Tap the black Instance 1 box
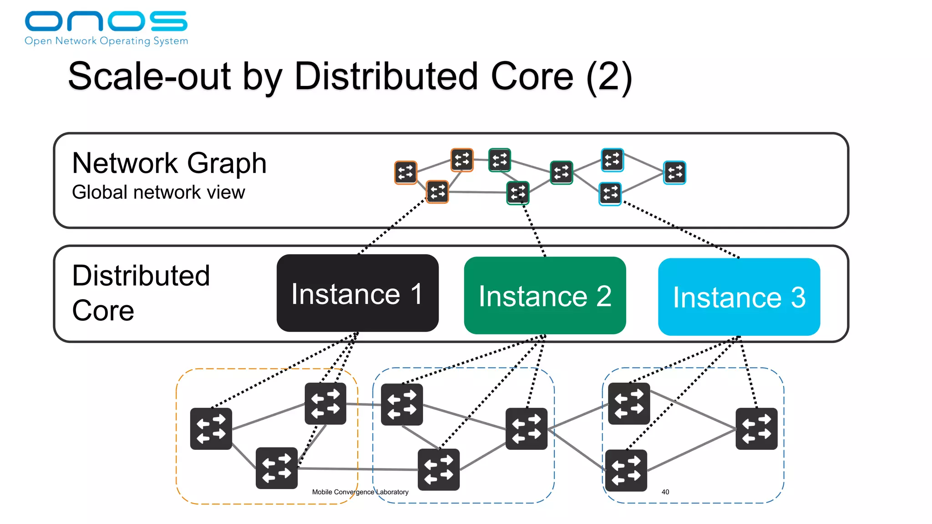[x=357, y=293]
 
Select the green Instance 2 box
[x=545, y=296]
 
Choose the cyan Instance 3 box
[x=739, y=297]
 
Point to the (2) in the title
[x=609, y=77]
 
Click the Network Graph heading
[x=169, y=163]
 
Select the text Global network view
[x=158, y=192]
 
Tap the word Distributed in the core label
[x=141, y=276]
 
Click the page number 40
[x=665, y=492]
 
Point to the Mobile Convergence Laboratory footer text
[x=360, y=492]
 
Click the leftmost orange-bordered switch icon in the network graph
[x=405, y=172]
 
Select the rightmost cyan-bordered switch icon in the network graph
[x=674, y=172]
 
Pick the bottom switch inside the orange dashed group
[x=277, y=468]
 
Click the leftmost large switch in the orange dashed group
[x=211, y=428]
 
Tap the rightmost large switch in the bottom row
[x=756, y=428]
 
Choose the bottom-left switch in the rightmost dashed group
[x=626, y=470]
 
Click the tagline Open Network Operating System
[x=106, y=41]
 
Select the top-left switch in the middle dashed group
[x=402, y=404]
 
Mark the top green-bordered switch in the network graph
[x=499, y=160]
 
